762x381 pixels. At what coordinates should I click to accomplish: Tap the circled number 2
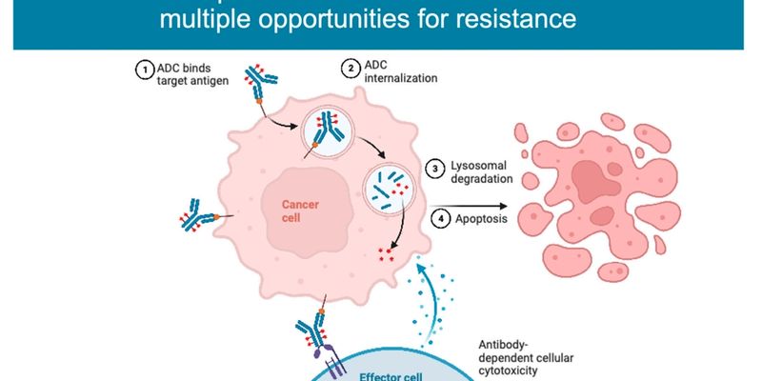pos(350,70)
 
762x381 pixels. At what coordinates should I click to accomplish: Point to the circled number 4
pos(439,218)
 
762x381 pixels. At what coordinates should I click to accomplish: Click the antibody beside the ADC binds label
pos(259,84)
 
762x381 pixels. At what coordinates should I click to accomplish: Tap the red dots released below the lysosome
pos(387,254)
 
